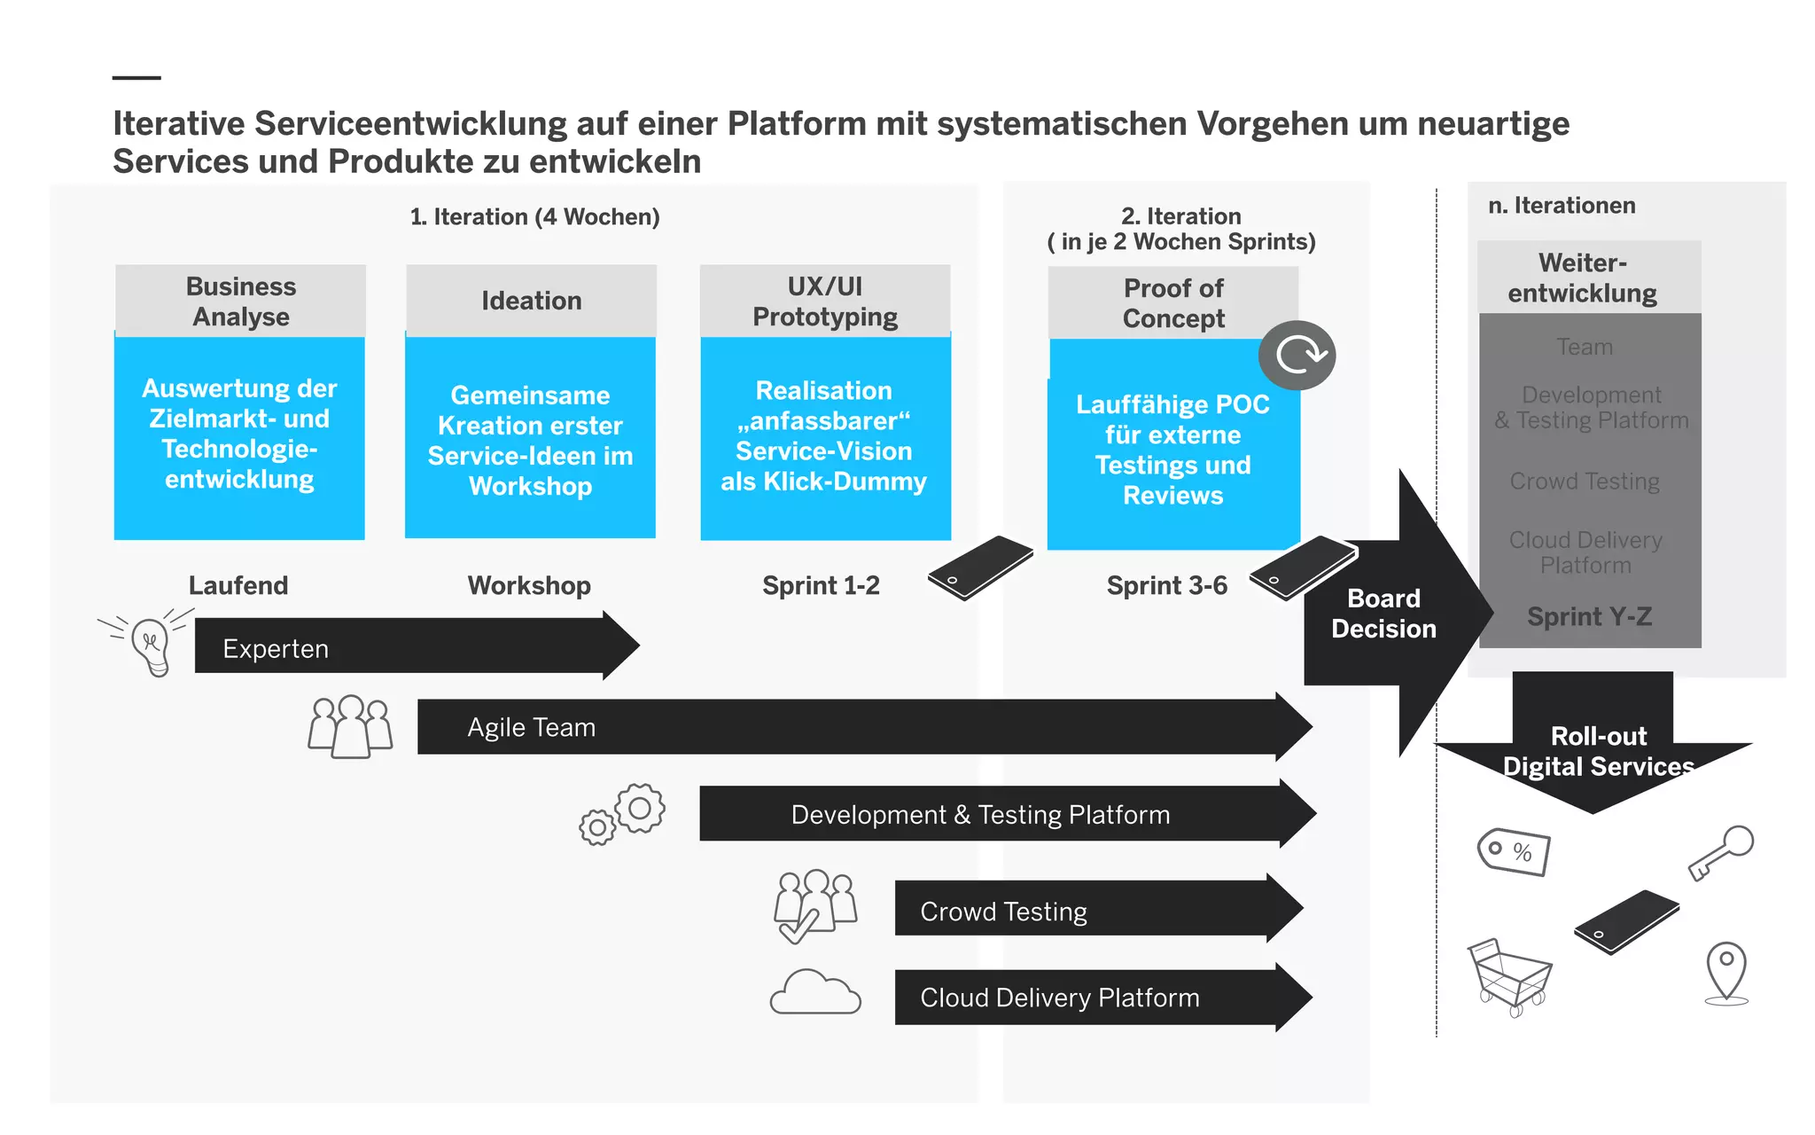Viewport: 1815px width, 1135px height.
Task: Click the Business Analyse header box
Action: [x=240, y=301]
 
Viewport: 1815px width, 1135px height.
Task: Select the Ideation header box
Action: [x=531, y=301]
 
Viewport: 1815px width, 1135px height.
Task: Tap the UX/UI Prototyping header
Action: [x=825, y=301]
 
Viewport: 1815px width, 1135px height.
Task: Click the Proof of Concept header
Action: [x=1172, y=303]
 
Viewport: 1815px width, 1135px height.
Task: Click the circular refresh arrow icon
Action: [x=1297, y=356]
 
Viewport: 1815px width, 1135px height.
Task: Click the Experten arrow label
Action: [x=276, y=649]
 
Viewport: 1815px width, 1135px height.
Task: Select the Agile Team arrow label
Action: [x=531, y=728]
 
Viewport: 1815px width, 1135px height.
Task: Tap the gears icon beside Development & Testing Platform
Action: [x=623, y=814]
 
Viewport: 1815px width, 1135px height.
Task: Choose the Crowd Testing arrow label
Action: [x=1003, y=912]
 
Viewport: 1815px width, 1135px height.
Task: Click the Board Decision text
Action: [x=1383, y=614]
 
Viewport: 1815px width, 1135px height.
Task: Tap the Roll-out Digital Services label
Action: [x=1598, y=752]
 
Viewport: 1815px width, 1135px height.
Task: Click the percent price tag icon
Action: [x=1515, y=852]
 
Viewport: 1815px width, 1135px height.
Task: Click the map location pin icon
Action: [x=1726, y=972]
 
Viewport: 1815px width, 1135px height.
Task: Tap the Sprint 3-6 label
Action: [x=1166, y=586]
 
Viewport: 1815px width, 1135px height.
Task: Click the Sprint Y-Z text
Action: [x=1589, y=617]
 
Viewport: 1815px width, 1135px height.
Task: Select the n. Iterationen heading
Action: [x=1562, y=206]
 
